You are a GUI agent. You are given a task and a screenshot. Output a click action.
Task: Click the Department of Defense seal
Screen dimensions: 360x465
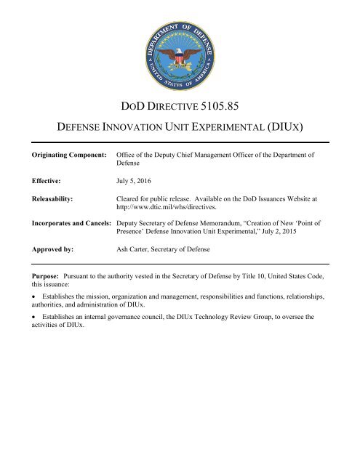click(180, 49)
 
